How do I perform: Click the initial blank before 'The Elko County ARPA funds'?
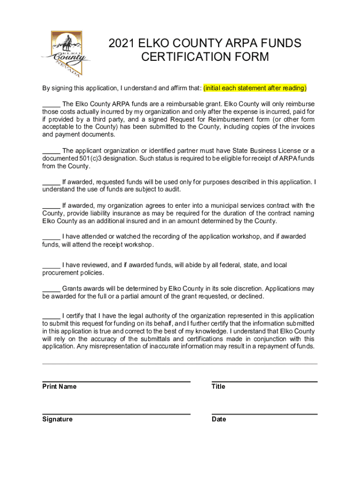(x=51, y=104)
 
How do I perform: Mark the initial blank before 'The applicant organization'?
(x=51, y=151)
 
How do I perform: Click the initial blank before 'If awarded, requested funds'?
(x=51, y=182)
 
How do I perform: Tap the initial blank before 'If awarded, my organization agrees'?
(x=51, y=205)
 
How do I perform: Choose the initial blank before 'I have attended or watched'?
(x=51, y=237)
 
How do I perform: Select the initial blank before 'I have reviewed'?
(x=51, y=265)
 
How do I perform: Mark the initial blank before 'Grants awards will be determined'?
(x=51, y=289)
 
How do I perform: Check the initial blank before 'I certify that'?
(x=51, y=316)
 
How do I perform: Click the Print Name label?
(x=59, y=386)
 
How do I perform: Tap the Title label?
(x=218, y=386)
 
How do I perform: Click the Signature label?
(x=58, y=419)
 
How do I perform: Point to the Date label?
(x=219, y=419)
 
